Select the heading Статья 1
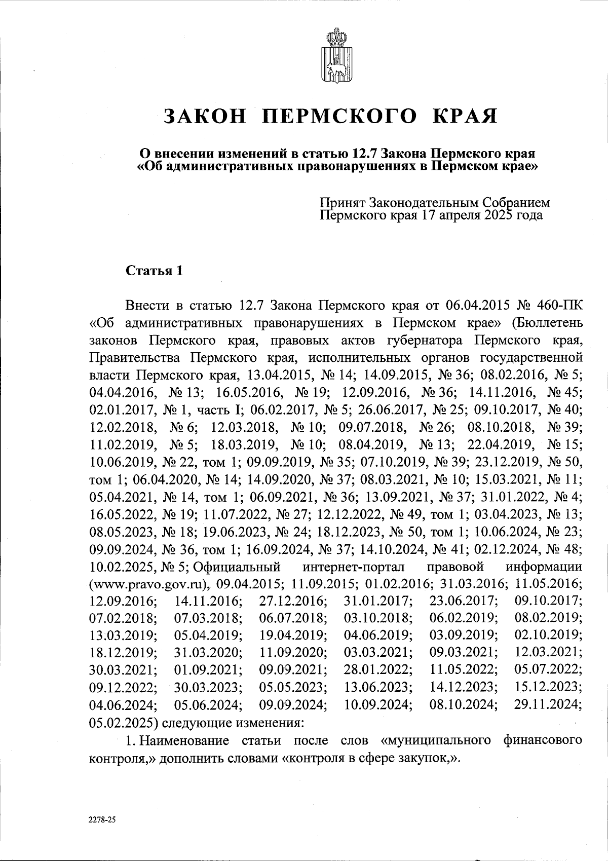[154, 271]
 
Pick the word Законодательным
[424, 203]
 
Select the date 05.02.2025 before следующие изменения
[121, 721]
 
